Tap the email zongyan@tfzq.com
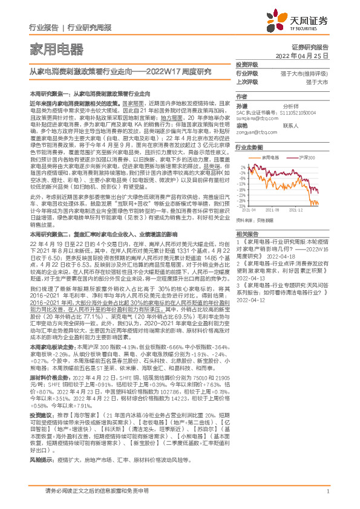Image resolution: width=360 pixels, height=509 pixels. click(255, 132)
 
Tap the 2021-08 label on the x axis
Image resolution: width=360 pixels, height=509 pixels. click(274, 210)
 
